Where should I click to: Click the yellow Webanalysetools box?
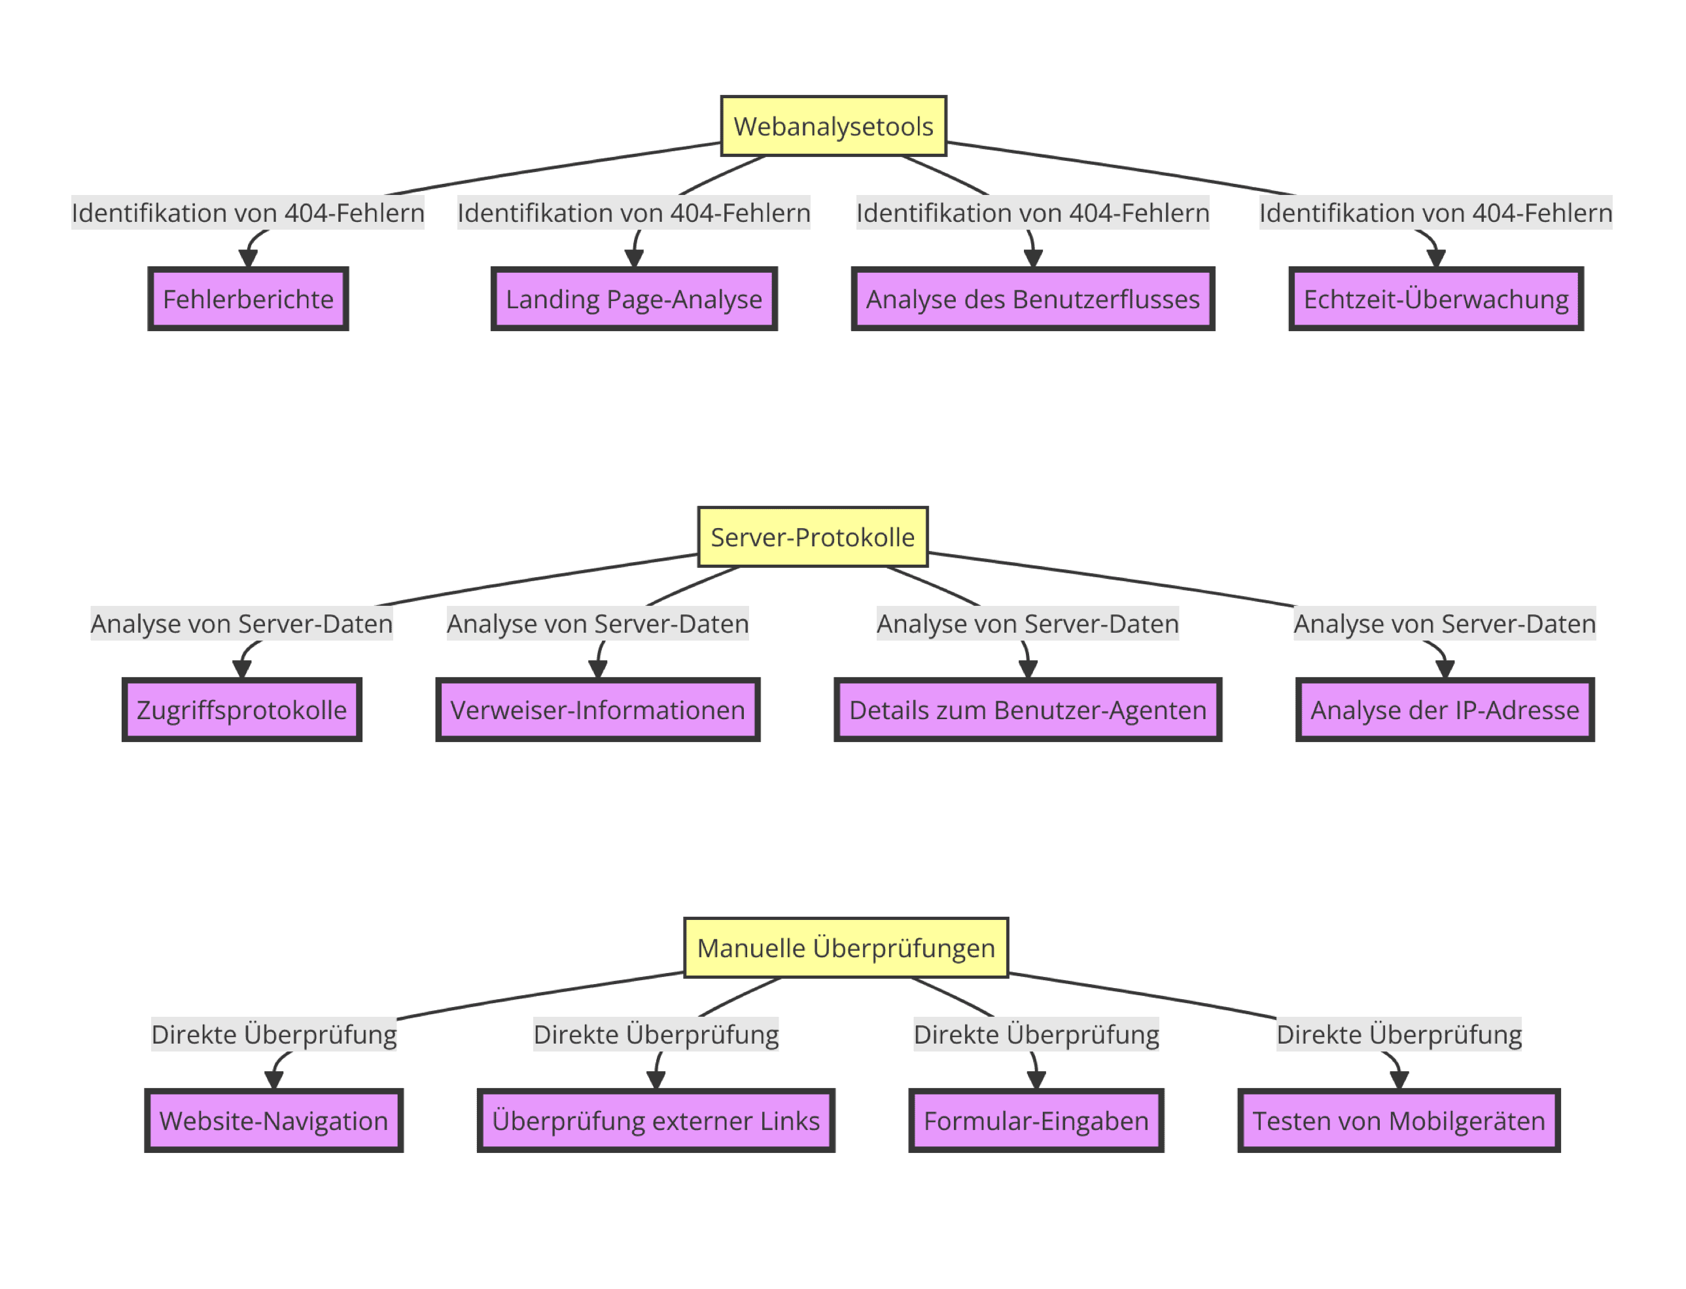[833, 126]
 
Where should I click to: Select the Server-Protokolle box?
[813, 537]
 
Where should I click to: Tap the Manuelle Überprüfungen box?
[845, 947]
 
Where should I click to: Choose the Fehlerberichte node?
[248, 298]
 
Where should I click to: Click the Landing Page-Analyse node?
[633, 298]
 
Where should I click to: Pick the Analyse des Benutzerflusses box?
[1032, 298]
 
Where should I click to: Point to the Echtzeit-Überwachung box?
[1435, 298]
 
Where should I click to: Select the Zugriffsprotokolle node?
[241, 709]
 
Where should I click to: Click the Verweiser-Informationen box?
[597, 709]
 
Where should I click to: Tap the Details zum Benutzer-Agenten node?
[1027, 709]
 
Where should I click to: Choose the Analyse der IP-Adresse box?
[1445, 709]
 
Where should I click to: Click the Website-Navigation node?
[274, 1120]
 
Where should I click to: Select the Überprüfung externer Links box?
[656, 1120]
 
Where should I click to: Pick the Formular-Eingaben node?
[1036, 1120]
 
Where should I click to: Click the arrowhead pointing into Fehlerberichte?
[248, 258]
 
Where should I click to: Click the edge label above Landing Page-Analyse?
[633, 213]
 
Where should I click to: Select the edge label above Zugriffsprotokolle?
[241, 623]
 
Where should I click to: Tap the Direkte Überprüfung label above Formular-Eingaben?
[1036, 1034]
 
